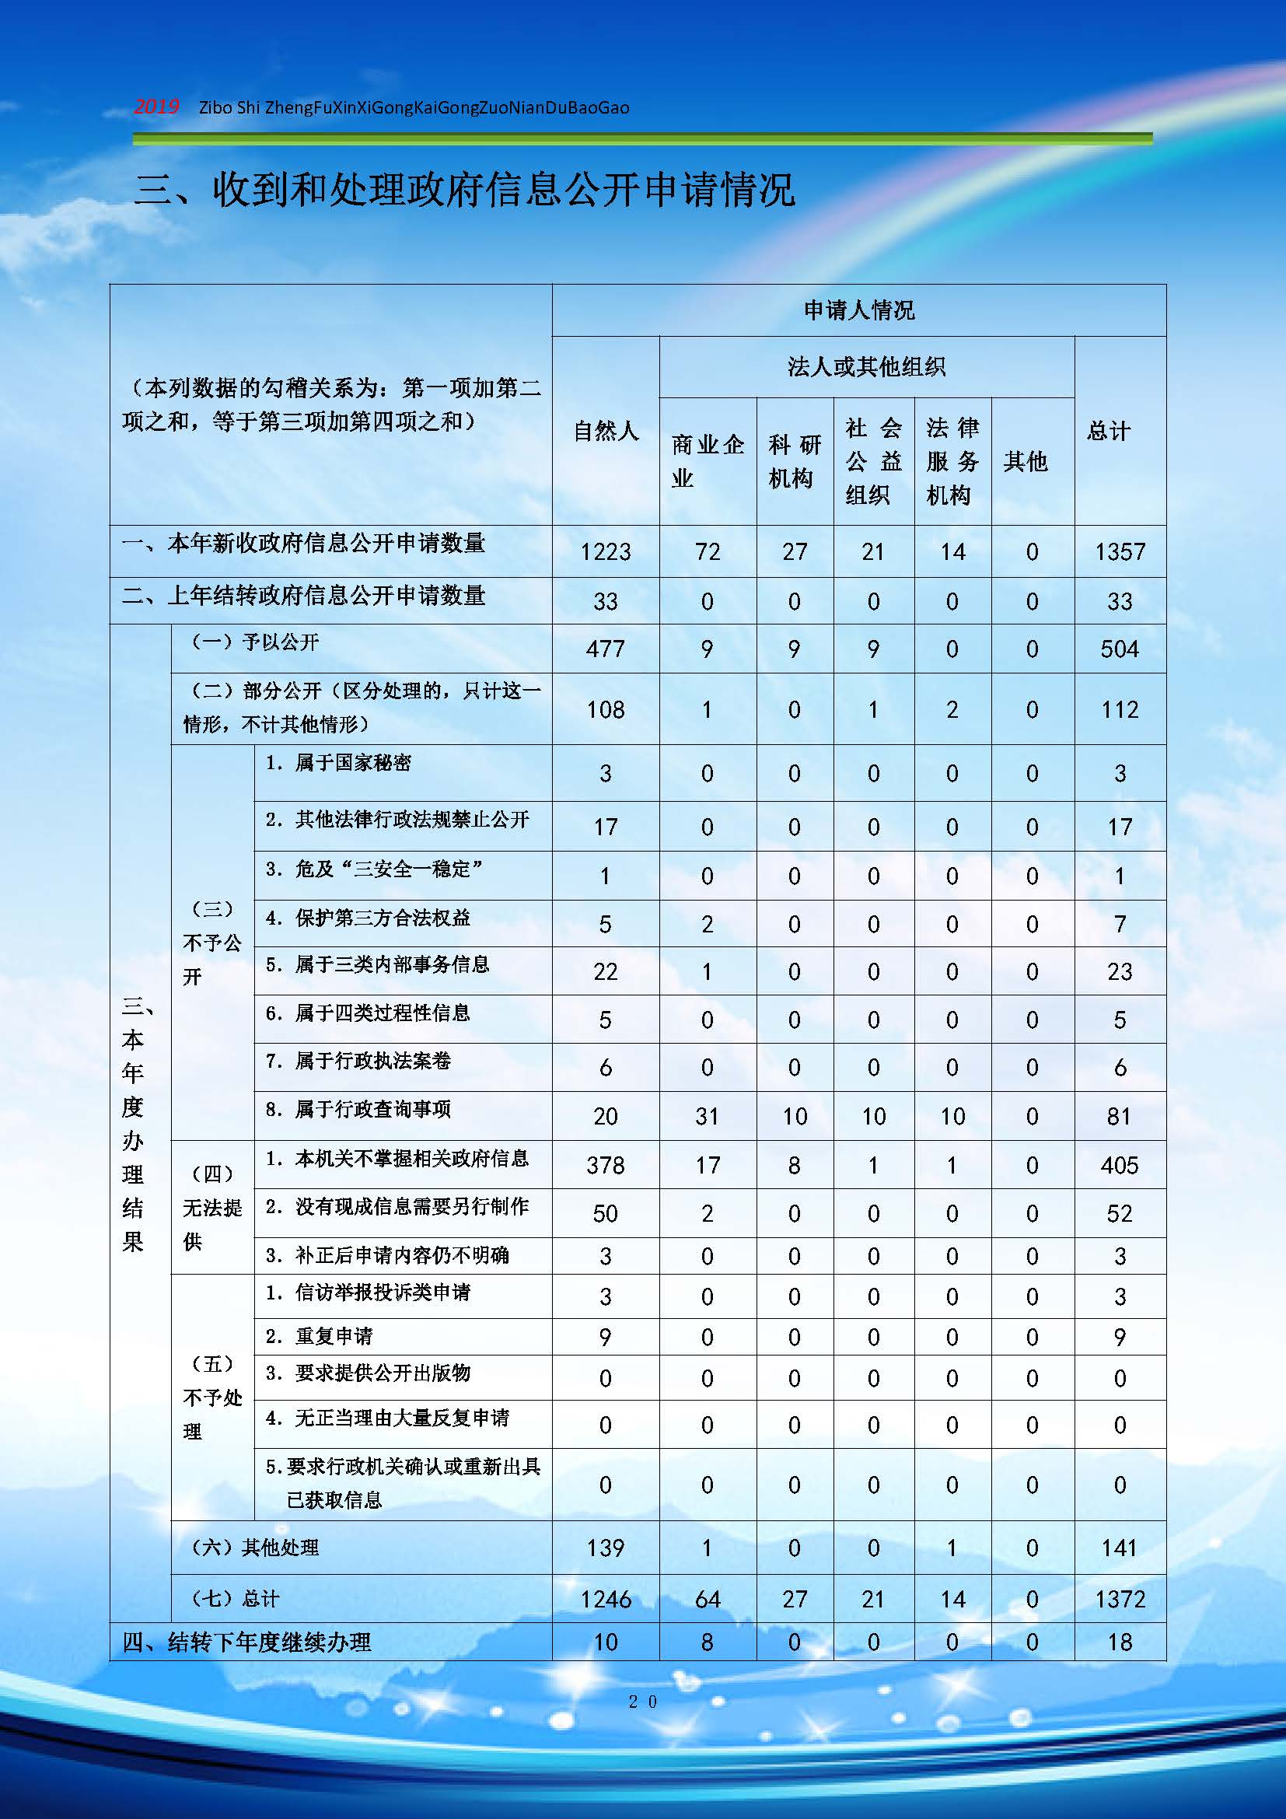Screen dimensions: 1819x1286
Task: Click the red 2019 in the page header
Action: tap(156, 107)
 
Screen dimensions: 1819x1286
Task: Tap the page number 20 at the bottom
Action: tap(642, 1701)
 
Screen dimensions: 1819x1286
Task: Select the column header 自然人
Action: tap(606, 431)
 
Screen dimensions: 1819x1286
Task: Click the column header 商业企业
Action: tap(707, 461)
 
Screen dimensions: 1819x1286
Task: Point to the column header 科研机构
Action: tap(795, 461)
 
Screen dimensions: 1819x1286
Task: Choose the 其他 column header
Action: tap(1026, 461)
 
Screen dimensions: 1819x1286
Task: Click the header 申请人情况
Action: tap(859, 310)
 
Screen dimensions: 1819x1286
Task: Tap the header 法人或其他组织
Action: tap(866, 367)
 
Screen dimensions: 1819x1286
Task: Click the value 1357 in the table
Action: tap(1120, 551)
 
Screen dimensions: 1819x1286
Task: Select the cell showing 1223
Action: tap(606, 551)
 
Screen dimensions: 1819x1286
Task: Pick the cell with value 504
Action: tap(1120, 649)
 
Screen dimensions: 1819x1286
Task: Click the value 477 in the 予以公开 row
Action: tap(606, 649)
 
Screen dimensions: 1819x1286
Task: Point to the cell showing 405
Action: tap(1120, 1166)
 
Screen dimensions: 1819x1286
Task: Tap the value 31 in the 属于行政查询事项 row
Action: tap(707, 1116)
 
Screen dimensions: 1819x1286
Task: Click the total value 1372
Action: tap(1120, 1600)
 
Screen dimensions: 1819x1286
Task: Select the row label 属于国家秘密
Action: tap(352, 763)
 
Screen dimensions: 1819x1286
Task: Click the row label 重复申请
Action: tap(334, 1337)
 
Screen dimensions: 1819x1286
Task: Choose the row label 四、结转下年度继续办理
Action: tap(247, 1642)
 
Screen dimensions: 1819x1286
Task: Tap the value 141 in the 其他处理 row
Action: tap(1120, 1548)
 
